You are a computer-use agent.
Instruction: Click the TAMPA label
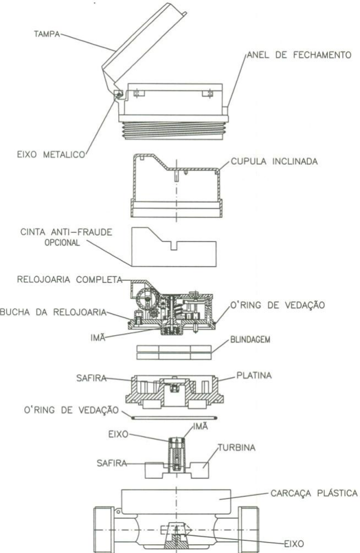click(47, 34)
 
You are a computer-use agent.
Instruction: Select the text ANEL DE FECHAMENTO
click(299, 55)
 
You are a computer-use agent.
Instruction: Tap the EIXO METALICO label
click(51, 154)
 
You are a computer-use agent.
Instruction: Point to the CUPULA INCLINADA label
click(274, 161)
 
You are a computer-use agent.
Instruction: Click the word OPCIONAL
click(62, 243)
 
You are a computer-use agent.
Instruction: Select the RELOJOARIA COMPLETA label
click(70, 280)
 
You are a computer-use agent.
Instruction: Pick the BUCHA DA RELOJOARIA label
click(53, 312)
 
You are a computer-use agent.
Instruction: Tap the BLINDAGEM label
click(250, 340)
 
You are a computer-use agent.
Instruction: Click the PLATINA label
click(254, 375)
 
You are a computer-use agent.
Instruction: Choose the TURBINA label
click(236, 448)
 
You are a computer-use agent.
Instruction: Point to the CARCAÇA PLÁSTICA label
click(314, 493)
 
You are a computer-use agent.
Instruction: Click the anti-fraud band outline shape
click(174, 247)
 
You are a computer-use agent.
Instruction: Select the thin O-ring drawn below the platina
click(174, 418)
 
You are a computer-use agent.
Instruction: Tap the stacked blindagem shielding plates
click(174, 353)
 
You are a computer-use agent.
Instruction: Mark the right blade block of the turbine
click(198, 470)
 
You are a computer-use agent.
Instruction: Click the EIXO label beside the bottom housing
click(294, 544)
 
